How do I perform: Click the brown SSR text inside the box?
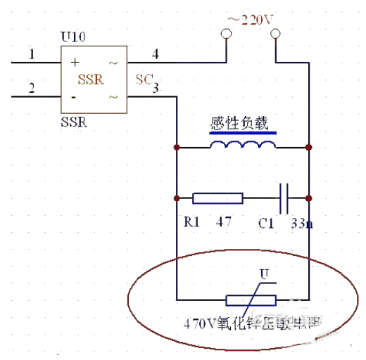point(92,79)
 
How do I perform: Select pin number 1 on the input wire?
point(30,54)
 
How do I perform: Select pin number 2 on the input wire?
point(30,88)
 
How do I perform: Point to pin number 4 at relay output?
point(156,54)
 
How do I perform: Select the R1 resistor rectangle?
point(217,198)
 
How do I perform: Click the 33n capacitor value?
point(302,223)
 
